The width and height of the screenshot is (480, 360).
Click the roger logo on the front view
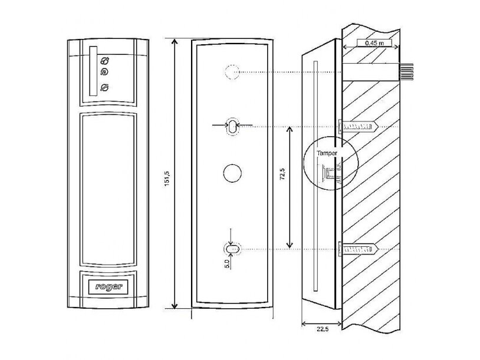[x=109, y=286]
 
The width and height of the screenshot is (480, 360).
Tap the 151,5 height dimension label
[x=167, y=179]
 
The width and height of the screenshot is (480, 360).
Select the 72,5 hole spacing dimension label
[x=282, y=174]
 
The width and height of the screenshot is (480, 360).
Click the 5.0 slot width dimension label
[x=227, y=263]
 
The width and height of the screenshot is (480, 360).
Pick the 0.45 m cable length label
[x=374, y=43]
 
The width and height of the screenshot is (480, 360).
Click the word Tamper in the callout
[x=326, y=153]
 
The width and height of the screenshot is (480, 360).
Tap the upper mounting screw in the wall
[x=358, y=127]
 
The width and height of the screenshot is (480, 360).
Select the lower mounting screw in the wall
[x=358, y=249]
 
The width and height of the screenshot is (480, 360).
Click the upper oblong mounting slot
[x=233, y=125]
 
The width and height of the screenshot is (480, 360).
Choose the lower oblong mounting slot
[x=233, y=249]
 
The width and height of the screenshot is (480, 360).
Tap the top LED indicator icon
[x=106, y=61]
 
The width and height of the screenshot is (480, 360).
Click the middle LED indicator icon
[x=105, y=72]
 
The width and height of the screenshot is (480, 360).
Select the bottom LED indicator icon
[x=105, y=88]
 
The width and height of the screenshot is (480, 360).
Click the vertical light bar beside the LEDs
[x=93, y=71]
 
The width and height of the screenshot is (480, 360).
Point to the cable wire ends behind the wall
[x=406, y=72]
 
